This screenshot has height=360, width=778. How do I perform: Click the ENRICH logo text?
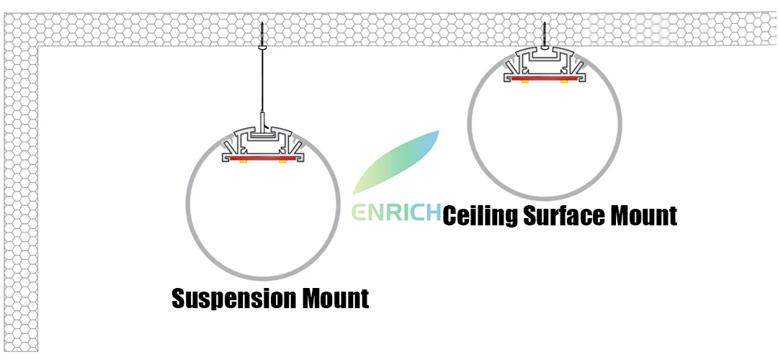coord(396,212)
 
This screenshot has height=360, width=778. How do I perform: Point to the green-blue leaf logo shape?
coord(395,162)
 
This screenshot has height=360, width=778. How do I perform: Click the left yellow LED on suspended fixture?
coord(243,162)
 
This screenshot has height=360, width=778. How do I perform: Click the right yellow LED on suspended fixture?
coord(282,162)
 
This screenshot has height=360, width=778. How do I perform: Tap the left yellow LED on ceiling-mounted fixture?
coord(525,81)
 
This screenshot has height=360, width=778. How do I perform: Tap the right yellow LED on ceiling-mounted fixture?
coord(564,81)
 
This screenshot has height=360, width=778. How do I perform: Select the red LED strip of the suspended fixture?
coord(263,158)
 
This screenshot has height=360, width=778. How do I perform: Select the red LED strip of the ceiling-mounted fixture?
coord(545,77)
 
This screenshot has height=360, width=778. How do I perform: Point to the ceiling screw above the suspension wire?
coord(262,34)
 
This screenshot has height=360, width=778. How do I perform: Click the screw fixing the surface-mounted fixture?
coord(545,36)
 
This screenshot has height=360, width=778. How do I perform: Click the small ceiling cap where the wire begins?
coord(262,47)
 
